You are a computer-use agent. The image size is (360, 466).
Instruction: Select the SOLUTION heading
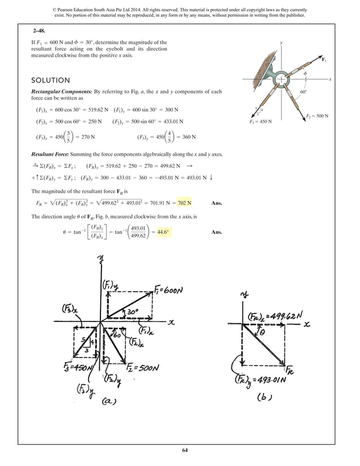tap(50, 80)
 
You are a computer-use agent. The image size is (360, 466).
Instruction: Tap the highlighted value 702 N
tap(184, 203)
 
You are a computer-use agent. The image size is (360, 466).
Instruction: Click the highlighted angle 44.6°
tap(164, 232)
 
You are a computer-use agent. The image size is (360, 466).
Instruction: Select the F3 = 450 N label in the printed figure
tap(260, 121)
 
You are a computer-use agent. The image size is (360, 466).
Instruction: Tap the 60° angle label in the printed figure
tap(303, 91)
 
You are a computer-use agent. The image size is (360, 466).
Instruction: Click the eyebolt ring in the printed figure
tap(280, 80)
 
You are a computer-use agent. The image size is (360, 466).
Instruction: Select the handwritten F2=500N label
tap(148, 368)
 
